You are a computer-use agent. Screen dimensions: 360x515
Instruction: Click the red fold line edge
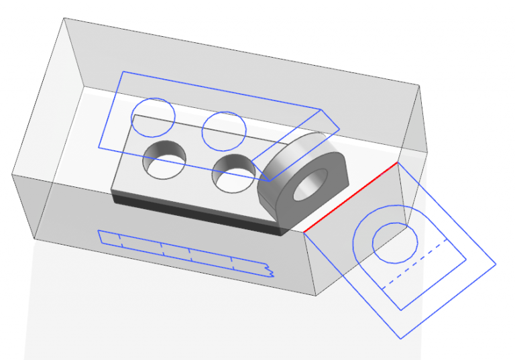(x=351, y=197)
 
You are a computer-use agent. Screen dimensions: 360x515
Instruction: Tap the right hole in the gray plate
(x=233, y=172)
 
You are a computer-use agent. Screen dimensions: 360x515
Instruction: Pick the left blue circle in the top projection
(x=153, y=116)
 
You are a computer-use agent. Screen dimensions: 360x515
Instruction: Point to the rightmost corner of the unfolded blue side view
(x=496, y=263)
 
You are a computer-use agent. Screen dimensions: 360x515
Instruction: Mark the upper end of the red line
(x=398, y=162)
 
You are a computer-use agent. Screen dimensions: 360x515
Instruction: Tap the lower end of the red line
(x=304, y=233)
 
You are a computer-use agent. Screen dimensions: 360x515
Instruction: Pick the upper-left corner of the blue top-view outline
(x=121, y=71)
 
